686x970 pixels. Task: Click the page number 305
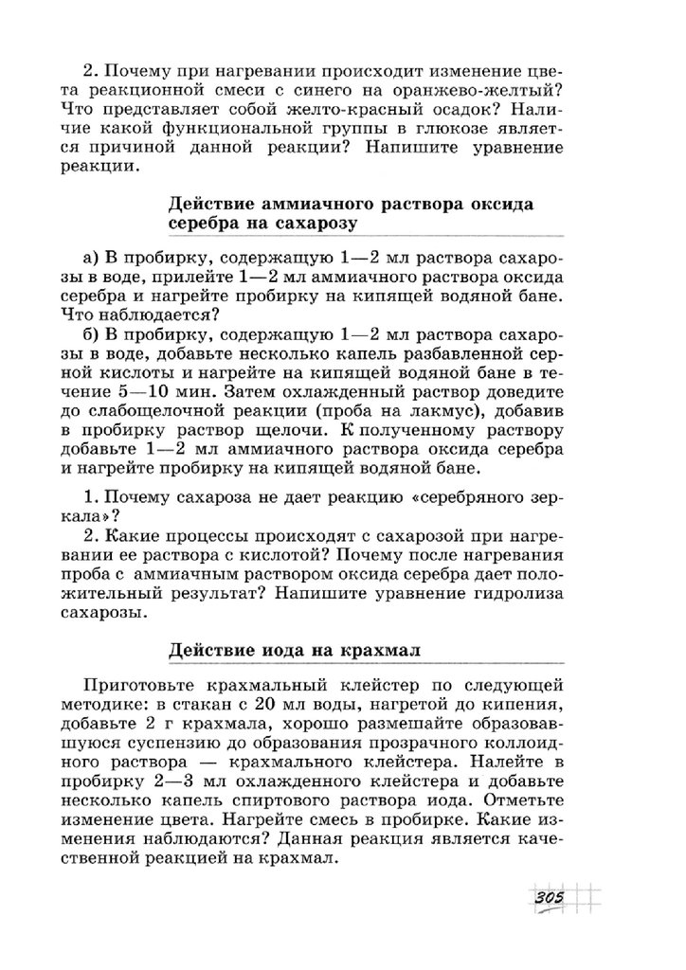pos(549,897)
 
